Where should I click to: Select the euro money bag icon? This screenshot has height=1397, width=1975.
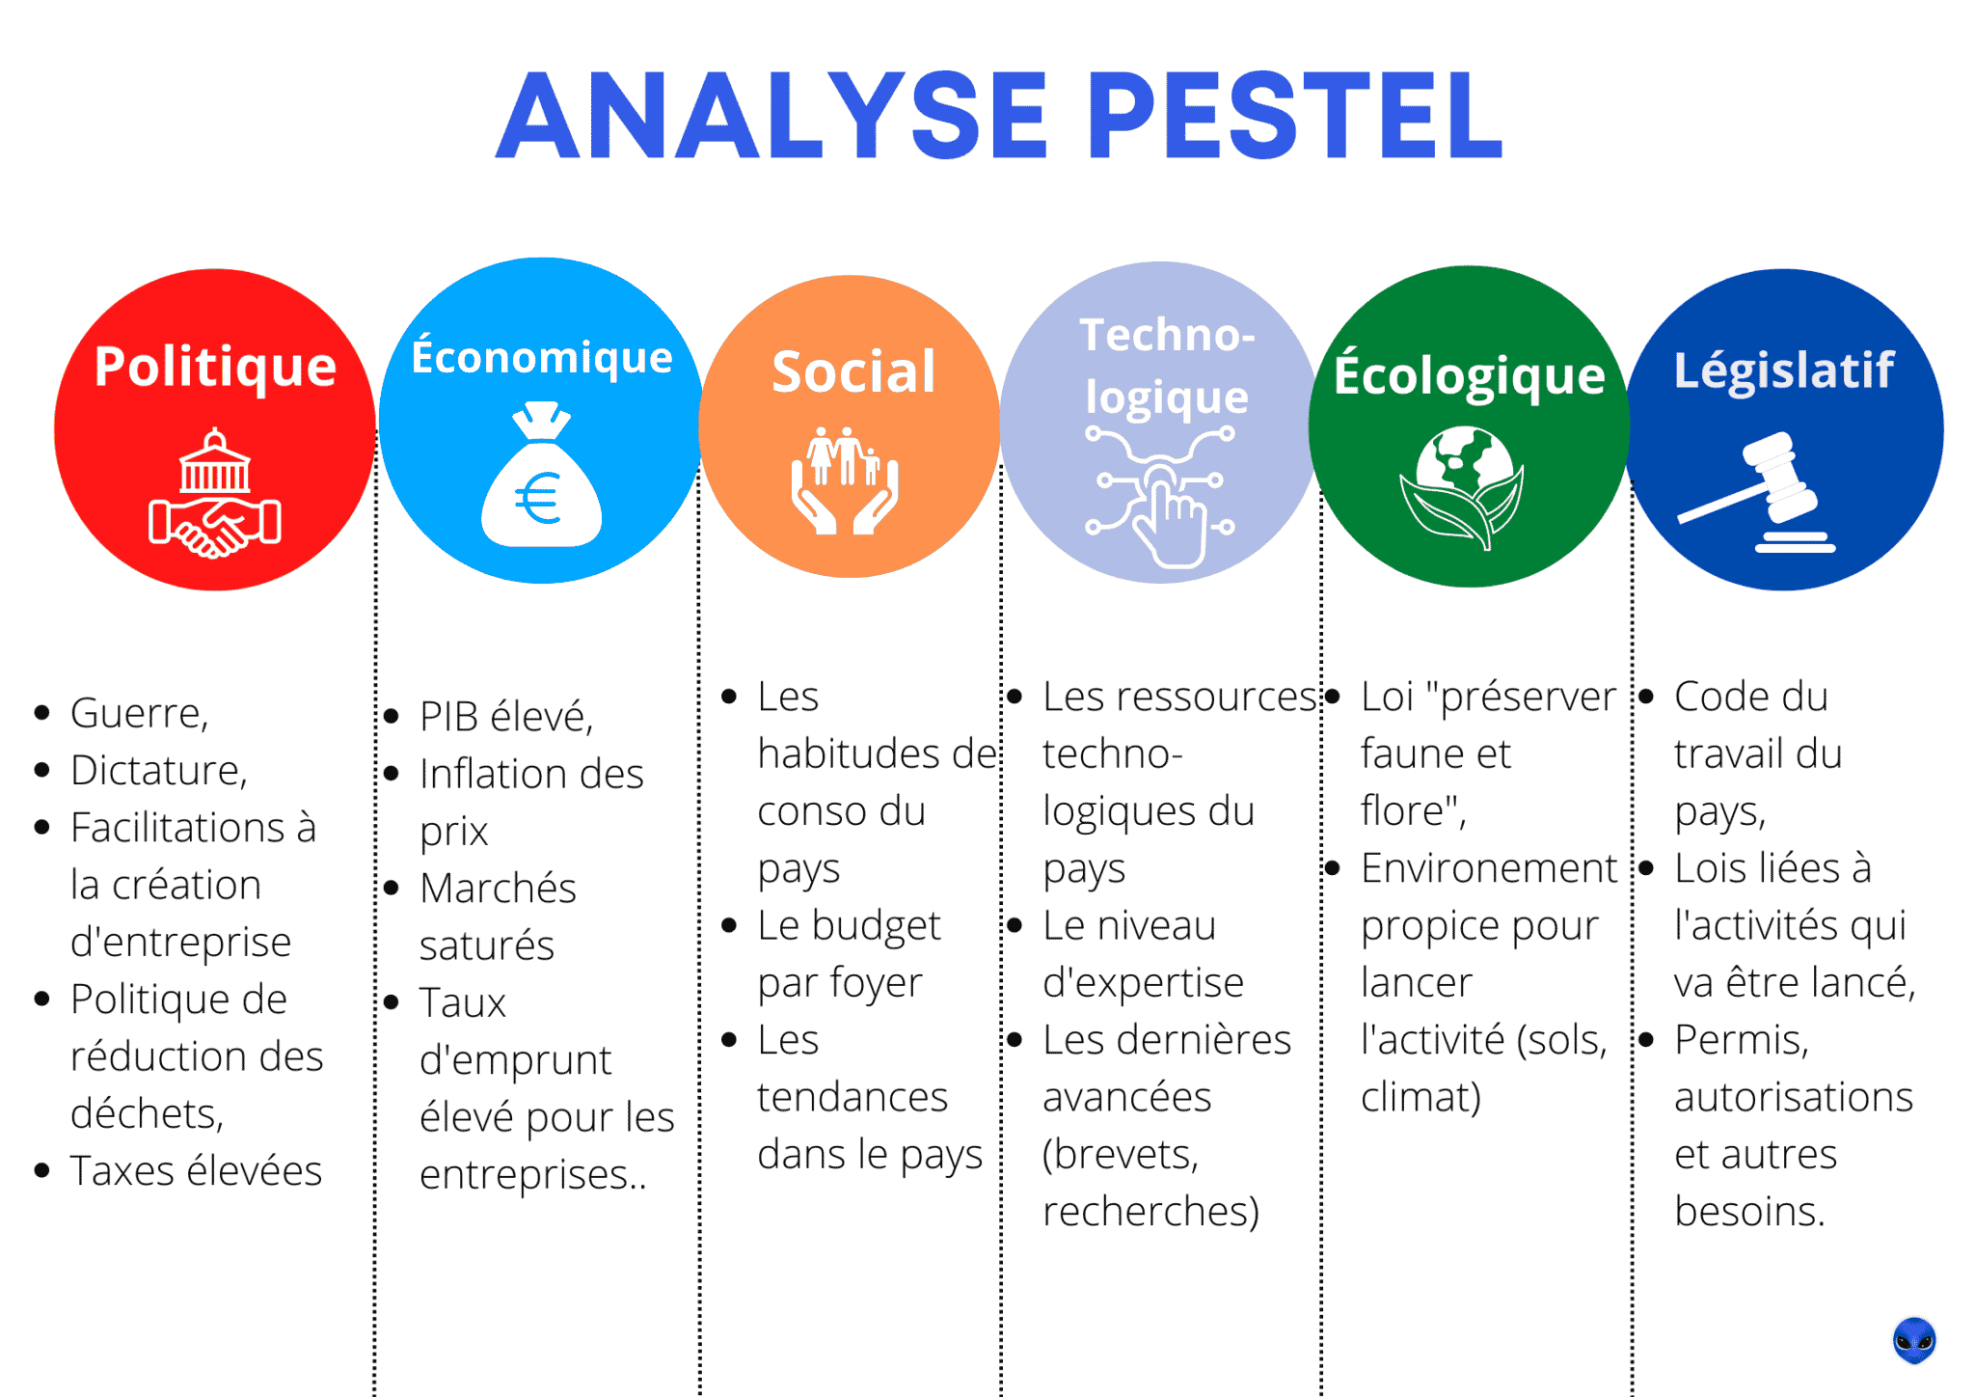coord(541,478)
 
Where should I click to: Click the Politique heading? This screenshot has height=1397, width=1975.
coord(215,368)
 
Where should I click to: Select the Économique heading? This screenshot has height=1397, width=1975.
coord(542,357)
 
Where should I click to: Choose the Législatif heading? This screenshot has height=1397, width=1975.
coord(1784,370)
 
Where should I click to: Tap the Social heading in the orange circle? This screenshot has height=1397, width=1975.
coord(853,372)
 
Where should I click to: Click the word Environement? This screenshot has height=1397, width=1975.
coord(1488,868)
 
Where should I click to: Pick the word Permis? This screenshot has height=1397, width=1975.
coord(1741,1040)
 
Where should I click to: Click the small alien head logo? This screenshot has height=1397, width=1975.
coord(1913,1340)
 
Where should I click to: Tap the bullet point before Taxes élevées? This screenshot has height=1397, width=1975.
coord(41,1171)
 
